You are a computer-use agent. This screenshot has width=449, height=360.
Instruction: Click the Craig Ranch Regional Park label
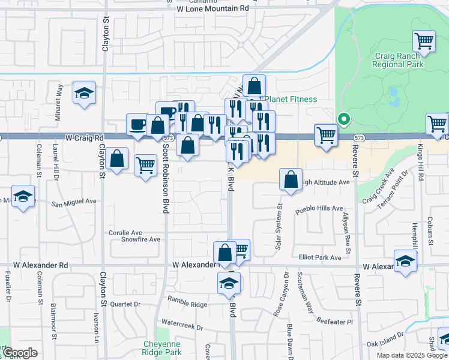[x=399, y=60]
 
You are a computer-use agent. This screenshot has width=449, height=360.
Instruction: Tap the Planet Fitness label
[x=291, y=99]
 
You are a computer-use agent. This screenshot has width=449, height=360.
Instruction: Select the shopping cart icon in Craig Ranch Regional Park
[x=424, y=41]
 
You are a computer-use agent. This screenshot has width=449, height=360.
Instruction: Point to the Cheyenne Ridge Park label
[x=162, y=348]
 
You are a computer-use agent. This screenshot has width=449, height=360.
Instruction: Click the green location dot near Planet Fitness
[x=343, y=119]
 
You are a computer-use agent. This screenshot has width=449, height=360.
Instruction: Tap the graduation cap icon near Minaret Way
[x=85, y=93]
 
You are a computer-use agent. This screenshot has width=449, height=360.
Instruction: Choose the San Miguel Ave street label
[x=73, y=202]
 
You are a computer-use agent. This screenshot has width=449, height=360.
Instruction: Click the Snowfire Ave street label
[x=141, y=239]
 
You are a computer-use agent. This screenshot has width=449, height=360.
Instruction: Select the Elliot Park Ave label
[x=320, y=257]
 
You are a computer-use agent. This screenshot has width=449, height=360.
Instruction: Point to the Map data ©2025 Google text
[x=412, y=355]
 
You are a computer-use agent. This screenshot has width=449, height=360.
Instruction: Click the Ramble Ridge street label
[x=187, y=305]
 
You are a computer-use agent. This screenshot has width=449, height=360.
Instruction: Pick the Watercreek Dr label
[x=182, y=328]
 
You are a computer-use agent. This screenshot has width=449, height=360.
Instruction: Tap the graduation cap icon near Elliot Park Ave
[x=406, y=261]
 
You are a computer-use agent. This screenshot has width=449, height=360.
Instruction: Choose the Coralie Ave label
[x=125, y=232]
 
